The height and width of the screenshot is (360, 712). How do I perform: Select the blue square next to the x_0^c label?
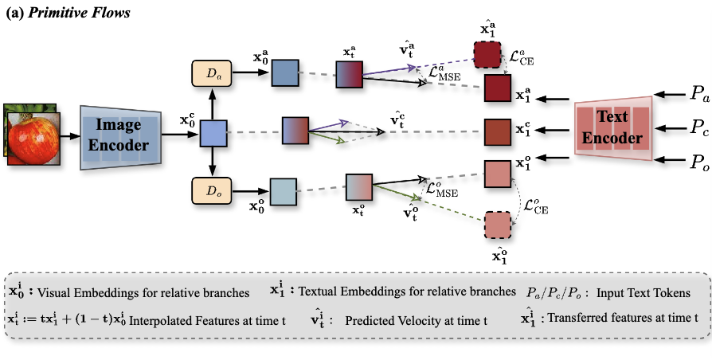(x=213, y=131)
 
